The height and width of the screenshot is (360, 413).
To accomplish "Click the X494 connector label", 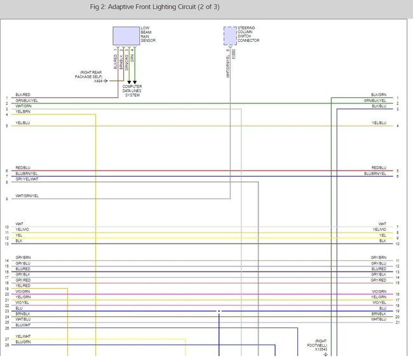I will pyautogui.click(x=98, y=81).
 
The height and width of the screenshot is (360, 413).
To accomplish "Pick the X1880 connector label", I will pyautogui.click(x=234, y=54).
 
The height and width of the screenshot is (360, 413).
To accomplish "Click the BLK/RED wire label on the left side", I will pyautogui.click(x=23, y=95).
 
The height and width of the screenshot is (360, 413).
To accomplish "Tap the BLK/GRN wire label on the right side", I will pyautogui.click(x=379, y=95).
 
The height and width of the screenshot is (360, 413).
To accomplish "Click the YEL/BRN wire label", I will pyautogui.click(x=23, y=112).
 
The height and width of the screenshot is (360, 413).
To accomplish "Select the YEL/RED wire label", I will pyautogui.click(x=23, y=286).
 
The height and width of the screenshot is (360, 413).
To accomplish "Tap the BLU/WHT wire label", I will pyautogui.click(x=23, y=325).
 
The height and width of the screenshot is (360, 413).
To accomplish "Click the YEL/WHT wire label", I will pyautogui.click(x=23, y=336).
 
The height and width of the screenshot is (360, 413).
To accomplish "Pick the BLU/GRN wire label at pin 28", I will pyautogui.click(x=23, y=342).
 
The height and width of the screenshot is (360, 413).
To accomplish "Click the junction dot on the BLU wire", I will pyautogui.click(x=219, y=312).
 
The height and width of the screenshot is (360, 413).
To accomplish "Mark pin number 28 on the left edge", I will pyautogui.click(x=6, y=345).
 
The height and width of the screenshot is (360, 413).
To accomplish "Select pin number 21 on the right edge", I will pyautogui.click(x=397, y=322).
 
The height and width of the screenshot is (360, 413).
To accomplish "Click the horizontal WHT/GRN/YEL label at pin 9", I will pyautogui.click(x=27, y=196).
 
